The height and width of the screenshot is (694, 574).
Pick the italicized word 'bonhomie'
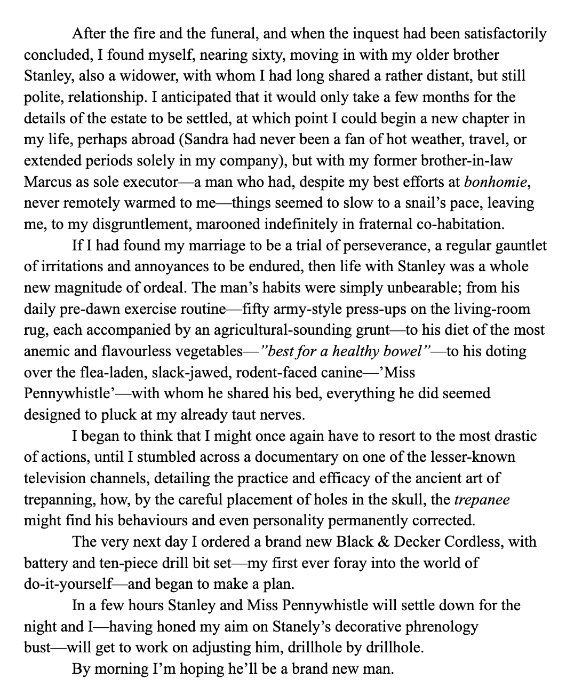coord(496,182)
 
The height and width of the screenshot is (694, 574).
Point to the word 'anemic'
coord(46,351)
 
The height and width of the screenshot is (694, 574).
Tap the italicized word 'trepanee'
coord(482,500)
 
